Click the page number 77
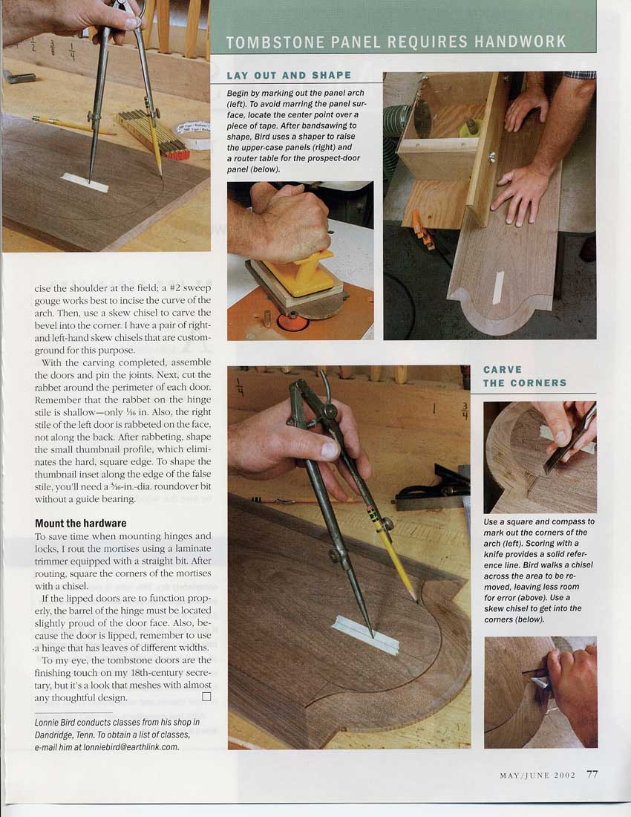(x=592, y=774)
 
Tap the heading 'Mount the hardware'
(x=81, y=523)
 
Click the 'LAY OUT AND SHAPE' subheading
(x=289, y=76)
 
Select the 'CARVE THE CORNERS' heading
(x=525, y=377)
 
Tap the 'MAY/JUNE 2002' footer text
(x=537, y=775)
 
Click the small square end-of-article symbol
(x=206, y=697)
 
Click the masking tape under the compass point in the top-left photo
(x=85, y=183)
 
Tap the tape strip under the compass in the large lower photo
(x=365, y=634)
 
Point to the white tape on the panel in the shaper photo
(x=498, y=287)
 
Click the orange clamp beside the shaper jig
(x=422, y=230)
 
